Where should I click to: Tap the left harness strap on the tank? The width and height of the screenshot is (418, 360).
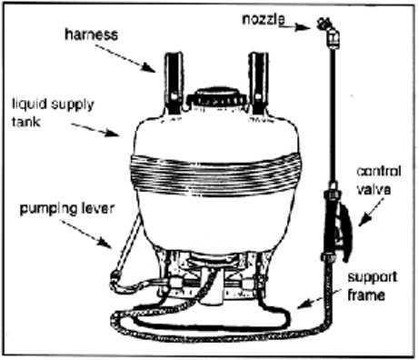pos(174,81)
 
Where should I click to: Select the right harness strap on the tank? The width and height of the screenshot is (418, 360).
pos(260,80)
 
